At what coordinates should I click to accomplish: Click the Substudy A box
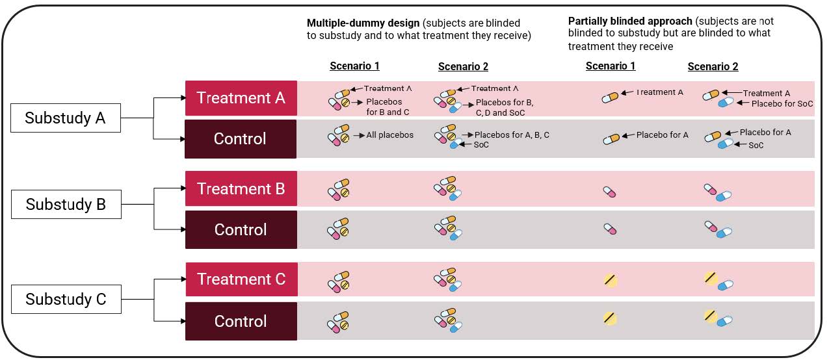tap(66, 118)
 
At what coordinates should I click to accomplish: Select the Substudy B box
tap(66, 204)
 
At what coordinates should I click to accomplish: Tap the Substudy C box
tap(66, 299)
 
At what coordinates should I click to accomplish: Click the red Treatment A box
tap(241, 98)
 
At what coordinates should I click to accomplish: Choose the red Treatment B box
tap(241, 188)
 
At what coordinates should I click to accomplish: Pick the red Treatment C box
tap(241, 279)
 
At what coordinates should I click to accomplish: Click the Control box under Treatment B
tap(241, 230)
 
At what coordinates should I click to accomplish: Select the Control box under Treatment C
tap(241, 321)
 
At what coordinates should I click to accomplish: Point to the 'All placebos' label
tap(389, 135)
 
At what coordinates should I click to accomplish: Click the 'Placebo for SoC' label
tap(782, 104)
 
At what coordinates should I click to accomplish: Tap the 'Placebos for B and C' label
tap(388, 107)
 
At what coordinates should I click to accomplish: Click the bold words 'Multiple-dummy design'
tap(363, 23)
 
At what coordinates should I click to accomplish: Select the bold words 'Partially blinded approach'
tap(630, 21)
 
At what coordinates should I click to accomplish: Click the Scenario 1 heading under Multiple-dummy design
tap(354, 66)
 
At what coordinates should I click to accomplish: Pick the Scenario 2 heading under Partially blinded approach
tap(713, 66)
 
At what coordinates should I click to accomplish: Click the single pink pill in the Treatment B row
tap(609, 192)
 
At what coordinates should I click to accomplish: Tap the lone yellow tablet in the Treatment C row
tap(611, 280)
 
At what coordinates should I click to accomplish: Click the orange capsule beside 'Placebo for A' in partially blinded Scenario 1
tap(611, 139)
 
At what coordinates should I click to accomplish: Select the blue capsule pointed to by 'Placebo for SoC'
tap(726, 102)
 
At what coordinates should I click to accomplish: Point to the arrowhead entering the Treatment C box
tap(183, 279)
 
